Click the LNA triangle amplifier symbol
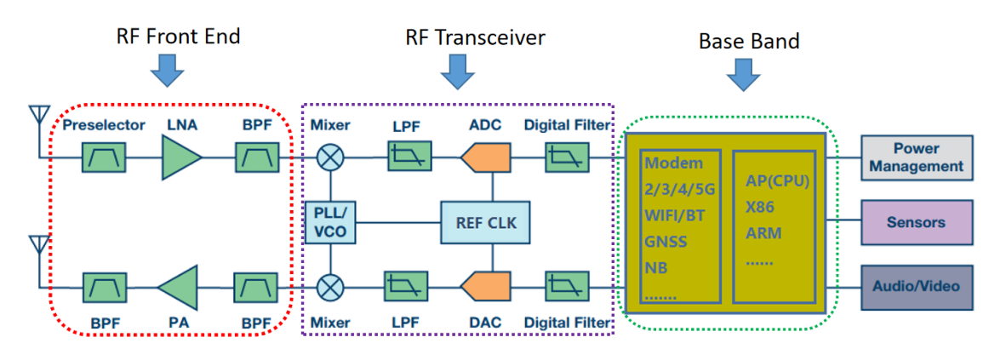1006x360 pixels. coord(180,157)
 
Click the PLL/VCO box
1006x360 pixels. coord(330,222)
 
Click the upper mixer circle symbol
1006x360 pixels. coord(330,157)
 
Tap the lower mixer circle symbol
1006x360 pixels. coord(330,287)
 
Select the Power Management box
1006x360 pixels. coord(916,157)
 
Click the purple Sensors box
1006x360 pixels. coord(916,222)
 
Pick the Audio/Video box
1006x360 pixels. coord(916,287)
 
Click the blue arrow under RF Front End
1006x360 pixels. coord(167,71)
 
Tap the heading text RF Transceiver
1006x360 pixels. coord(475,37)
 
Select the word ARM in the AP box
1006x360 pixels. coord(763,233)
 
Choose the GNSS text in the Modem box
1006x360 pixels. coord(666,242)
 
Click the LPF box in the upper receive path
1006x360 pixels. coord(409,157)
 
